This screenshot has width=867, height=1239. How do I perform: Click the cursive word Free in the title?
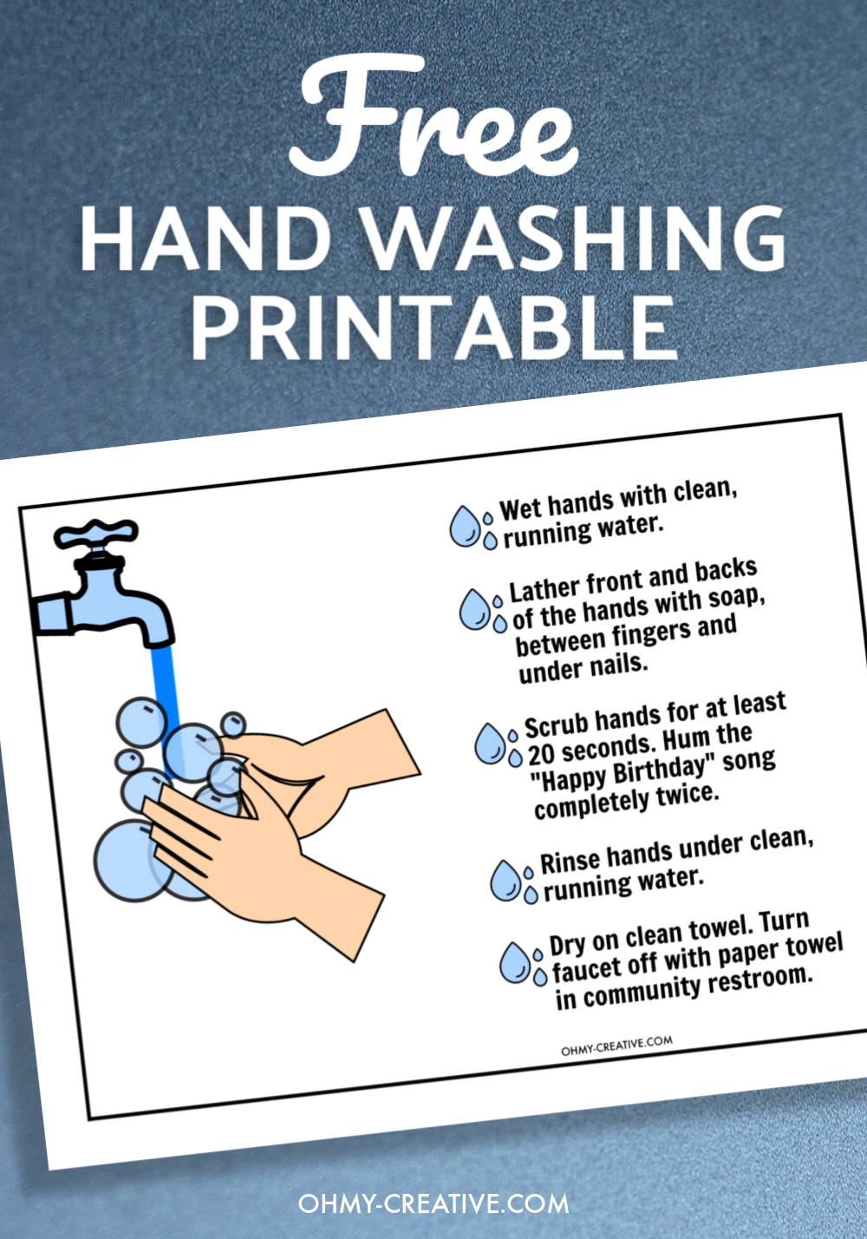[x=433, y=121]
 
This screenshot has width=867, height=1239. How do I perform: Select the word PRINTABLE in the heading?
[x=433, y=328]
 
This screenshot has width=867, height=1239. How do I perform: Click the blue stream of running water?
[x=165, y=685]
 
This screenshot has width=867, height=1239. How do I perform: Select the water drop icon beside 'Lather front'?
[x=476, y=609]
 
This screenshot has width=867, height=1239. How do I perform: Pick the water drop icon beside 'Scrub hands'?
[x=491, y=744]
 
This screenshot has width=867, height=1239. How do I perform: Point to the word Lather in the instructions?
[x=545, y=590]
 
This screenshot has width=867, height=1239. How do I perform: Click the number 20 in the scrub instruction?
[x=542, y=754]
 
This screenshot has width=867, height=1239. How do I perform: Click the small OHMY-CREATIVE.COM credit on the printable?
[x=616, y=1046]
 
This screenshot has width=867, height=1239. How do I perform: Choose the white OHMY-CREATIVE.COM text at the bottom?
[x=433, y=1204]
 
